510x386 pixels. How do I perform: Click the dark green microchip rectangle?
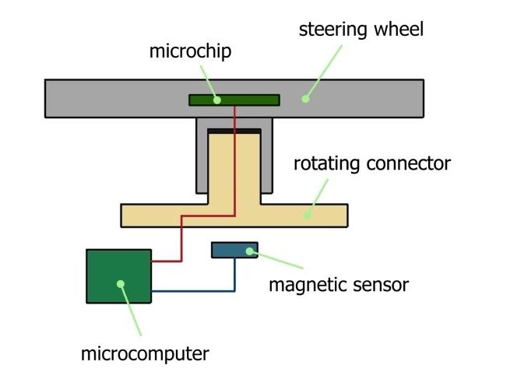coord(249,100)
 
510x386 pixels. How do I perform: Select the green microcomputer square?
coord(118,275)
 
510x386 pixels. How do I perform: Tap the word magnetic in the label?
coord(305,285)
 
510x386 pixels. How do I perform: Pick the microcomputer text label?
coord(145,355)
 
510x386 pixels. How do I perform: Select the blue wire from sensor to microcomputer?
coord(195,291)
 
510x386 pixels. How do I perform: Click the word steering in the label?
coord(326,31)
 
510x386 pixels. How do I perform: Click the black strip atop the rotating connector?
coord(234,132)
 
